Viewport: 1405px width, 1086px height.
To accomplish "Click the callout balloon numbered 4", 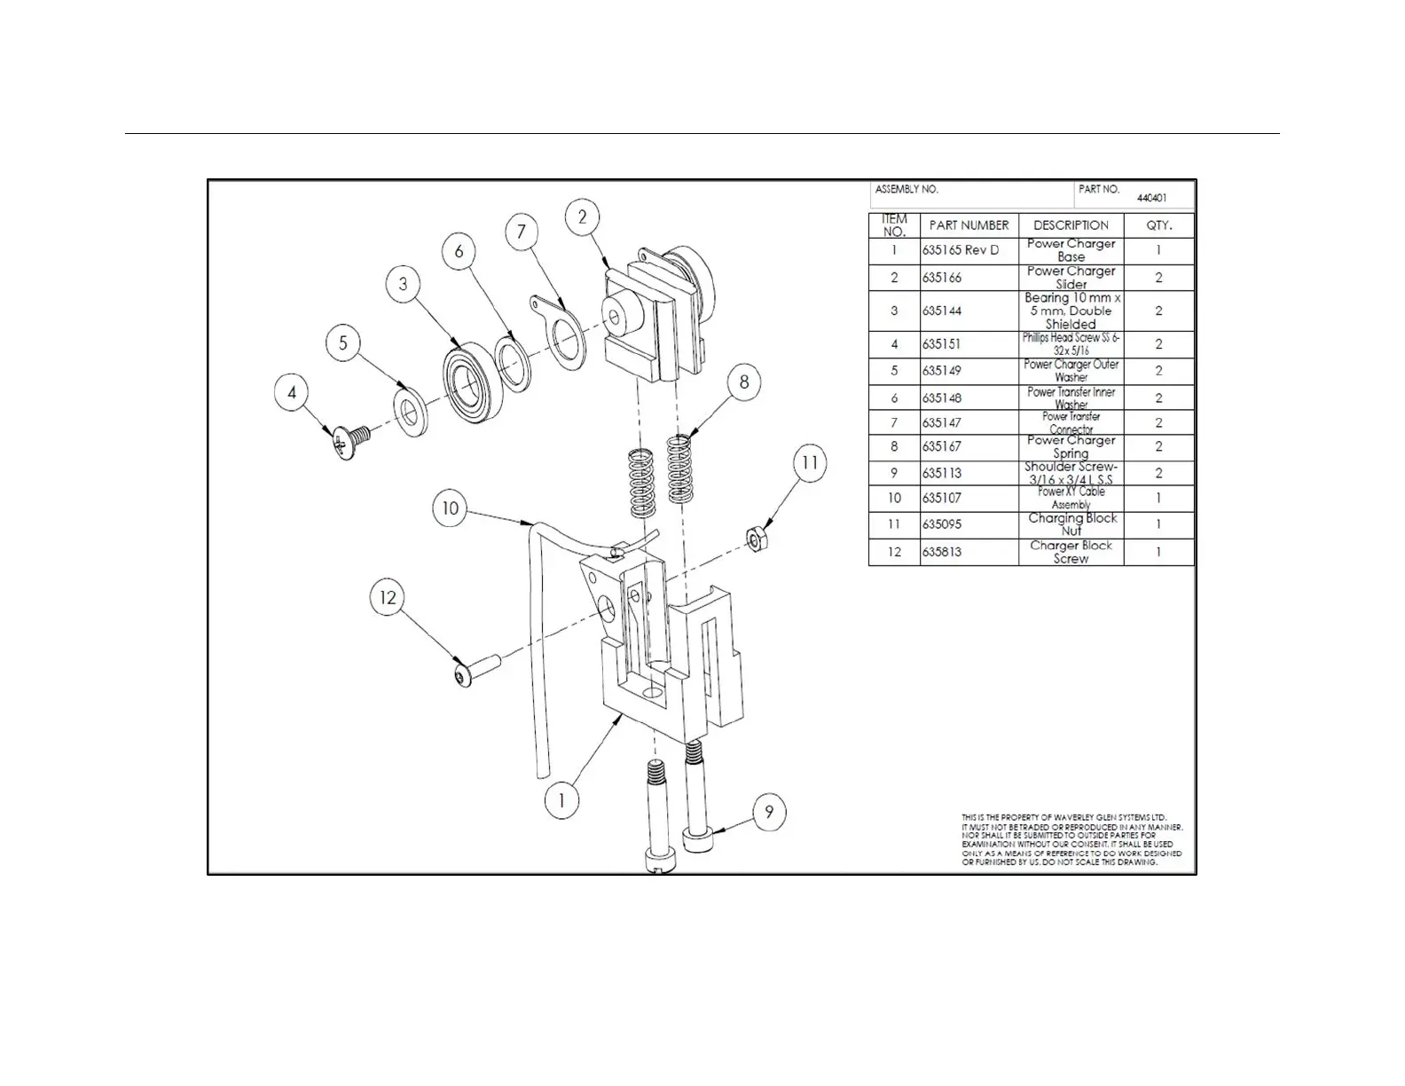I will pos(292,392).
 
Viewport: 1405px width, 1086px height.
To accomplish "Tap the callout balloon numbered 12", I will pos(388,598).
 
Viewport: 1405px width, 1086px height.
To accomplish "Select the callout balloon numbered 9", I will pos(769,812).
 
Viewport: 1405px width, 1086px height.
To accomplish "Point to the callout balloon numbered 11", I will pos(809,463).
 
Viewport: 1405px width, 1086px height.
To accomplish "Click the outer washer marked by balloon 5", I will pos(411,412).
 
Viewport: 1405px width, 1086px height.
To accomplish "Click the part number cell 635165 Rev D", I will pos(961,250).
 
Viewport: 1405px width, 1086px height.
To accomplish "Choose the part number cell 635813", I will pos(942,552).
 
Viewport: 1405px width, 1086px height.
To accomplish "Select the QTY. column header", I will pos(1158,225).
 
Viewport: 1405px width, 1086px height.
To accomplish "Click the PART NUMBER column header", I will pos(969,225).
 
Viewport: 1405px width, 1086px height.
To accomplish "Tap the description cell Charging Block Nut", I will pos(1071,524).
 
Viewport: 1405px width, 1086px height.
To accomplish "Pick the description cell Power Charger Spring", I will pos(1071,446).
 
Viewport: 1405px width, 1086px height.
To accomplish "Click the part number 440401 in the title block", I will pos(1152,199).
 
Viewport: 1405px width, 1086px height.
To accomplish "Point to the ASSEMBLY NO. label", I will pos(907,190).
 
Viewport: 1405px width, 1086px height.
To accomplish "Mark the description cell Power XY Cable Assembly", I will pos(1071,498).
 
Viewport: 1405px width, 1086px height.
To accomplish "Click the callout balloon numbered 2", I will pos(582,217).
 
